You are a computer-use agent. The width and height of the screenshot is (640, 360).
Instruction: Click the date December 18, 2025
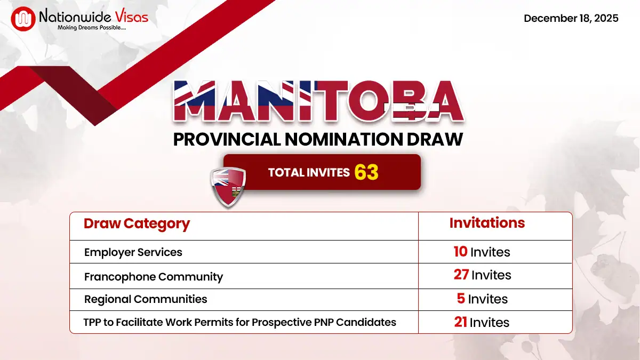pyautogui.click(x=571, y=18)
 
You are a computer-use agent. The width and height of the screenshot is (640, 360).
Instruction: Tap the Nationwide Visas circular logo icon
pyautogui.click(x=23, y=19)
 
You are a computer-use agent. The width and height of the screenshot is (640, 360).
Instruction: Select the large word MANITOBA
pyautogui.click(x=318, y=102)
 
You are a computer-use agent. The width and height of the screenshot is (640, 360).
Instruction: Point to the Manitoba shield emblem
pyautogui.click(x=228, y=186)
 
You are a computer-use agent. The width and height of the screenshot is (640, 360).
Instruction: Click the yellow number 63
pyautogui.click(x=366, y=172)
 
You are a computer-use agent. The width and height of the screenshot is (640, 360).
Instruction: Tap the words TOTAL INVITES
pyautogui.click(x=309, y=172)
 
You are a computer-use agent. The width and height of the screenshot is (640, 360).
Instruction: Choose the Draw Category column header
pyautogui.click(x=137, y=223)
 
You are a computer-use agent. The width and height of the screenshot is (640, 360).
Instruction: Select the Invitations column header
pyautogui.click(x=487, y=223)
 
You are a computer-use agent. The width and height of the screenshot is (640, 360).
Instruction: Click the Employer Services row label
pyautogui.click(x=133, y=252)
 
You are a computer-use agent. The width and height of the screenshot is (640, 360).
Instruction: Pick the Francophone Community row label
pyautogui.click(x=154, y=277)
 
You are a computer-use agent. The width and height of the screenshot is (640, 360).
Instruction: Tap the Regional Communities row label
pyautogui.click(x=146, y=299)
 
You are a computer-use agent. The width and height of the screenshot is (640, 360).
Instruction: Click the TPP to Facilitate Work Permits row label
pyautogui.click(x=240, y=322)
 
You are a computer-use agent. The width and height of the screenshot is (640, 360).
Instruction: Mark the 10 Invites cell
pyautogui.click(x=482, y=252)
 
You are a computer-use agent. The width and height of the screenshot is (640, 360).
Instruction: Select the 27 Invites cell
pyautogui.click(x=482, y=275)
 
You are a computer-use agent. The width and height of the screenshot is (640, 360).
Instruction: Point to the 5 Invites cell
pyautogui.click(x=482, y=299)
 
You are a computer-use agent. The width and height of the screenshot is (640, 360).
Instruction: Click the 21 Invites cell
pyautogui.click(x=482, y=322)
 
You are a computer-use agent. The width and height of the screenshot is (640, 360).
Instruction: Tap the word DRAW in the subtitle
pyautogui.click(x=436, y=139)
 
